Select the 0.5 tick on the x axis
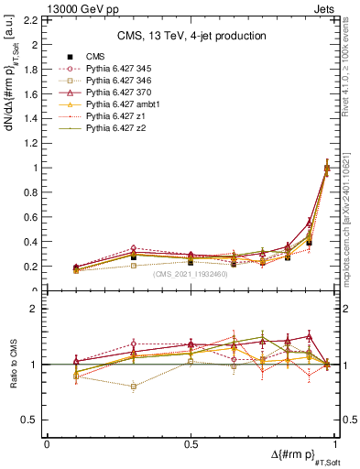click(191, 443)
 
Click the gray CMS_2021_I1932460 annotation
click(191, 274)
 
